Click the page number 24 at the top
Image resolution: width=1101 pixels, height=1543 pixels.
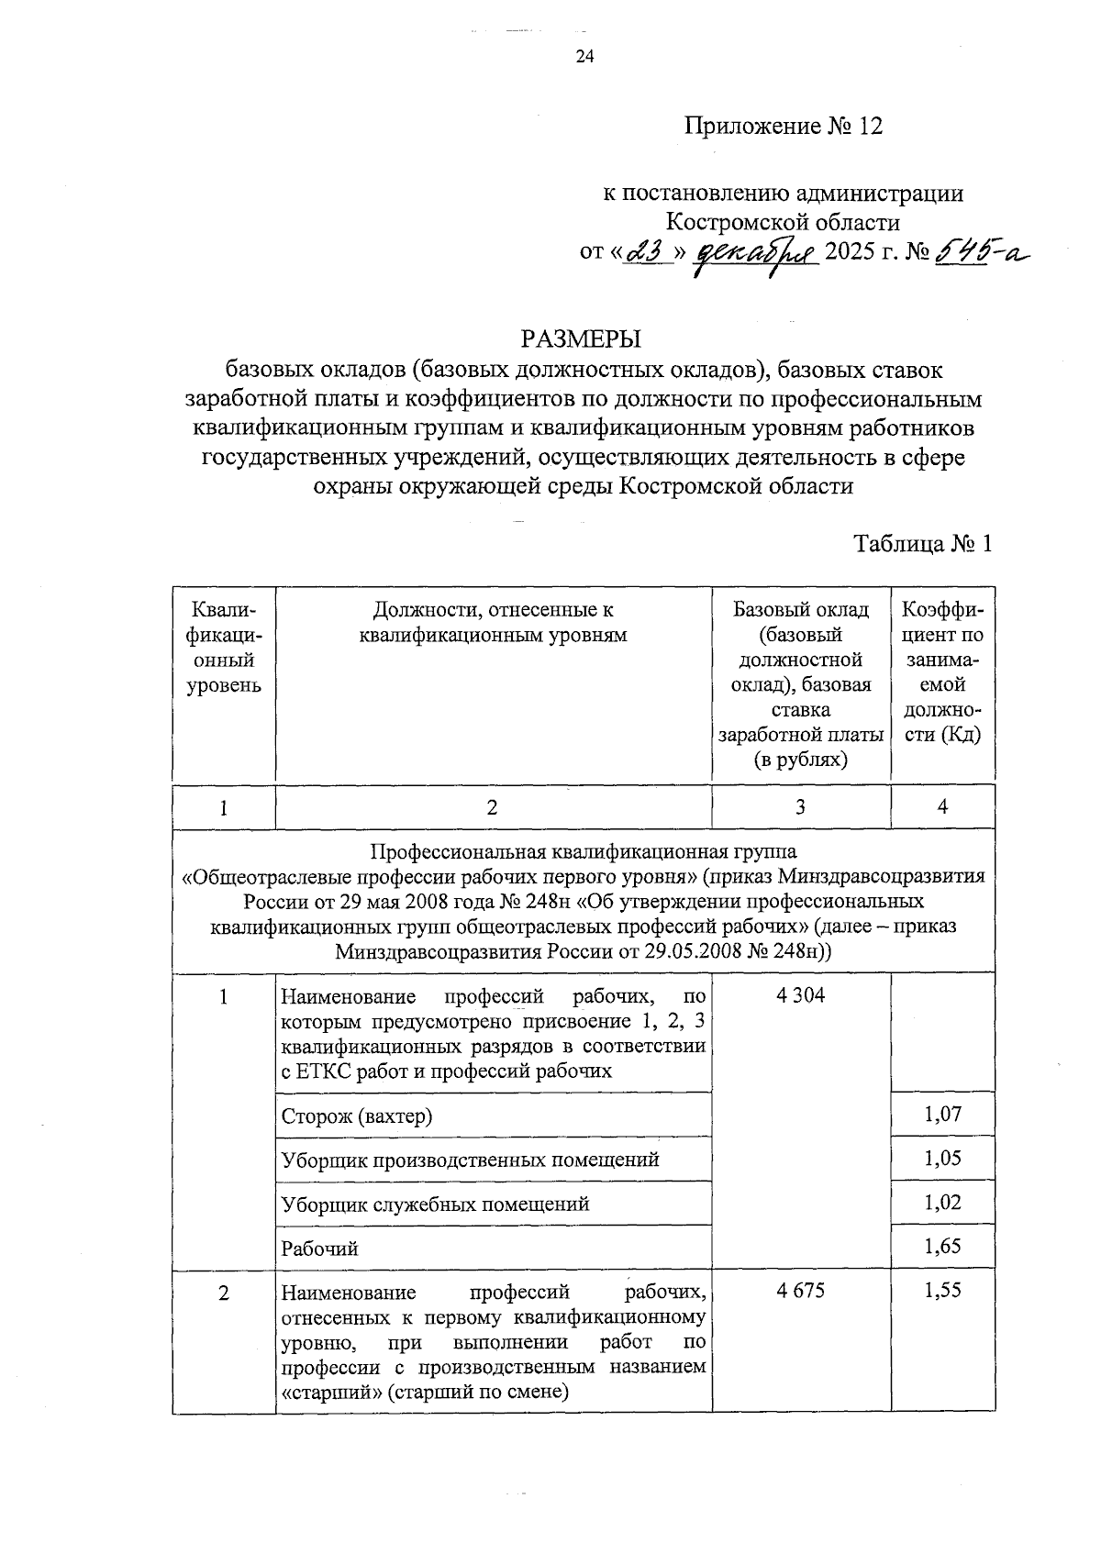[584, 58]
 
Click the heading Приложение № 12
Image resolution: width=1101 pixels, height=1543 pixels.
[783, 126]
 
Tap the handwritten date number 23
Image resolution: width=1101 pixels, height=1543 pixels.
[648, 251]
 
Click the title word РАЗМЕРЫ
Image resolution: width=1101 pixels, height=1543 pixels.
[582, 339]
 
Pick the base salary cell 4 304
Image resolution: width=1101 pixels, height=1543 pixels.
[800, 995]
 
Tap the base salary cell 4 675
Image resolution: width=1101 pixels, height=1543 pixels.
[800, 1291]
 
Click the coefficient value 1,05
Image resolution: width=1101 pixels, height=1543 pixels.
[942, 1158]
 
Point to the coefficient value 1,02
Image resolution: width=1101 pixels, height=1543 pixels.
[942, 1202]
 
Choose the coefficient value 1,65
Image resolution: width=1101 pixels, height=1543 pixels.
[942, 1246]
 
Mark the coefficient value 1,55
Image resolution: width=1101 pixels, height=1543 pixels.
[942, 1290]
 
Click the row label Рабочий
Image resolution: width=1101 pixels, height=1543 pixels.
[319, 1249]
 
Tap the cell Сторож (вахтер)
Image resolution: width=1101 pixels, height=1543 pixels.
[357, 1116]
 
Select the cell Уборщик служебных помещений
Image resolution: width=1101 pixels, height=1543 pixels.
[435, 1204]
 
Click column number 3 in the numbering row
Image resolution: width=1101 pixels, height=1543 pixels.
[800, 806]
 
